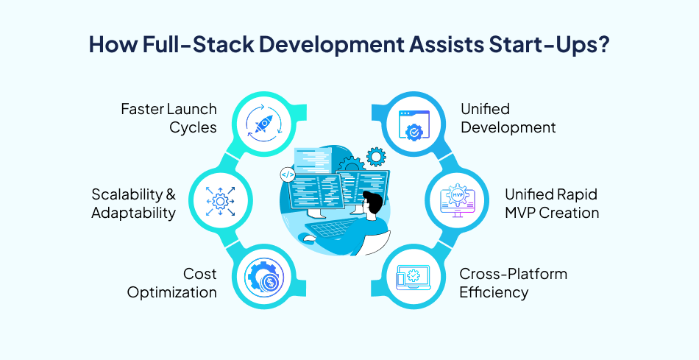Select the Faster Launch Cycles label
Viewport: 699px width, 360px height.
[x=169, y=118]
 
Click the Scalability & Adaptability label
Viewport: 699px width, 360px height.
[x=134, y=204]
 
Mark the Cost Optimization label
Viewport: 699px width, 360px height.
[x=172, y=283]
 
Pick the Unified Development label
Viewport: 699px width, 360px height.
[x=508, y=118]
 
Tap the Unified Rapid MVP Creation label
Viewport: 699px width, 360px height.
[x=551, y=204]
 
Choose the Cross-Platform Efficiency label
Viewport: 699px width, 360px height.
[x=513, y=283]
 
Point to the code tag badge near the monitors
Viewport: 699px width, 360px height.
[x=288, y=175]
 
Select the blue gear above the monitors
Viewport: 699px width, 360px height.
[x=376, y=155]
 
